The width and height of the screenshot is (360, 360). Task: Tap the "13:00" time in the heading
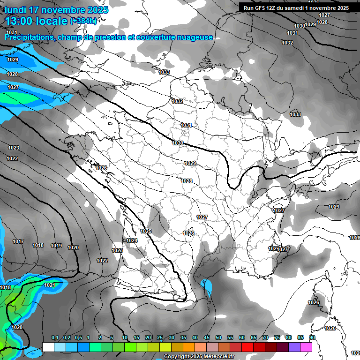coord(19,21)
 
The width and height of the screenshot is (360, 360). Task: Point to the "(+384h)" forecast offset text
coord(83,21)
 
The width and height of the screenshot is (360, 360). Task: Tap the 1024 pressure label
coord(132,240)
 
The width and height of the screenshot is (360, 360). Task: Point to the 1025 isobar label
coord(146,231)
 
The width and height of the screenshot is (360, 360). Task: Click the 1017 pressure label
coord(18,242)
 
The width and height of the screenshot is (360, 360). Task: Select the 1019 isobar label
coord(56,246)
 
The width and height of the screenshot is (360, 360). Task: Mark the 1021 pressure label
coord(50,285)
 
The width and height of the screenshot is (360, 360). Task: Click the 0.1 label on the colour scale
coord(54,338)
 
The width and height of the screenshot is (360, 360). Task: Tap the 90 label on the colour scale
coord(312,338)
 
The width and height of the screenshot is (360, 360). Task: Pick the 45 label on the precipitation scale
coord(207,338)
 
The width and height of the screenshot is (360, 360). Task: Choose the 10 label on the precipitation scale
coord(125,338)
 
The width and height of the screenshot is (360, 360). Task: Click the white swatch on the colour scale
coord(48,347)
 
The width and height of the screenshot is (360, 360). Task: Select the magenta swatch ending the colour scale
coord(306,347)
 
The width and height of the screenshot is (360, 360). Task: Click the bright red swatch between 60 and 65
coord(247,347)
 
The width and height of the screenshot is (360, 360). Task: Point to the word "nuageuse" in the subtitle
coord(196,37)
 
